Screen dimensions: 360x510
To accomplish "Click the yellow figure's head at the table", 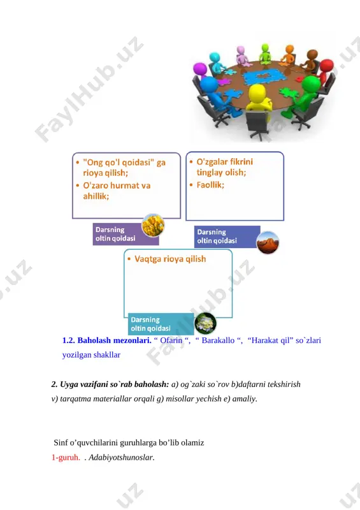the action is (257, 92).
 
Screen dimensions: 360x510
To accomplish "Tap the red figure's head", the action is (326, 66).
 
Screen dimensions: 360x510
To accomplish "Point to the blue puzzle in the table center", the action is (262, 76).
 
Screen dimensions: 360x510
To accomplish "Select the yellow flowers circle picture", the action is (153, 225).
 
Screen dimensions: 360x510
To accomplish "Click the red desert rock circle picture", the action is (268, 243).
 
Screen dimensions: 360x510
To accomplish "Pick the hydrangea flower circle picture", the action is (205, 323).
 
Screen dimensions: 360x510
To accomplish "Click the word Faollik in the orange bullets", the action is (210, 185).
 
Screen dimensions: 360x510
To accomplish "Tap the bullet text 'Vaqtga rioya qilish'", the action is (170, 259).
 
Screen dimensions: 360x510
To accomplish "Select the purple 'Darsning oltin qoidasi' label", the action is (126, 234).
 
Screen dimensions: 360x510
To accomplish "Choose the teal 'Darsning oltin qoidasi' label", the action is (161, 324).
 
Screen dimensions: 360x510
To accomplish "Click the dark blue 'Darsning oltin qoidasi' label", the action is (227, 237).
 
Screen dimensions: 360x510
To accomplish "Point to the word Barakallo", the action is (218, 340).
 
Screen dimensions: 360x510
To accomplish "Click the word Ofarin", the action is (171, 340).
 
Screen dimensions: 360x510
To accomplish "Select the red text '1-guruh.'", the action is (66, 457).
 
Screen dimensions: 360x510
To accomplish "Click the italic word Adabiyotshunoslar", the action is (121, 457).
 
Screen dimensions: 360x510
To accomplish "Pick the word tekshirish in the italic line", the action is (284, 384).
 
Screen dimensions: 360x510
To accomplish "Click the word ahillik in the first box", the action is (96, 196).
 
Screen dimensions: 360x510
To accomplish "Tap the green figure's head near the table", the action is (310, 84).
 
